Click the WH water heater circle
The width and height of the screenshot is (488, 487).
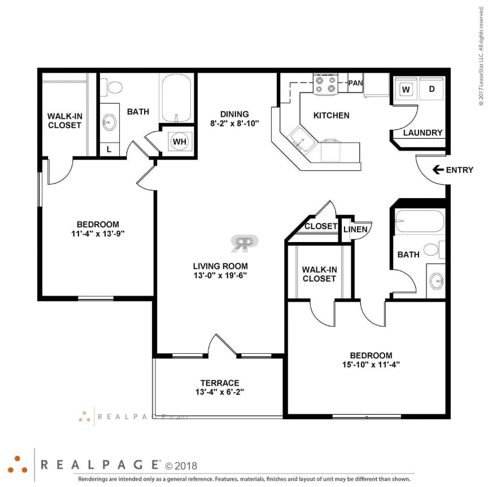point(179,141)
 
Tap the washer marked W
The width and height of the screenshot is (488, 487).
point(405,89)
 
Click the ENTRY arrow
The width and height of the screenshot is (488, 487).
point(437,170)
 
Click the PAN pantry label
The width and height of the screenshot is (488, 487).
point(355,83)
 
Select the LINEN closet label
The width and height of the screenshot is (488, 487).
point(356,229)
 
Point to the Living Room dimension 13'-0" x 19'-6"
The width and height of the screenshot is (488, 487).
point(220,275)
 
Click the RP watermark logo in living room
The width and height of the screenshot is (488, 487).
point(244,243)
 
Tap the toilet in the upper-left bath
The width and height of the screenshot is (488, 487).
point(115,87)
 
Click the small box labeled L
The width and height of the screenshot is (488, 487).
point(109,150)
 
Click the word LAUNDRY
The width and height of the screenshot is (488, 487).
point(422,133)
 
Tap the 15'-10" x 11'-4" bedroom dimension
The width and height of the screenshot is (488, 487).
point(371,365)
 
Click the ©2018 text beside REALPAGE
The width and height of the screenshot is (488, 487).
point(181,466)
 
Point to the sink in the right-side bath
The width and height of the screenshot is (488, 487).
point(436,279)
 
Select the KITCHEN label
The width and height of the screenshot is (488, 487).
point(332,115)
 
